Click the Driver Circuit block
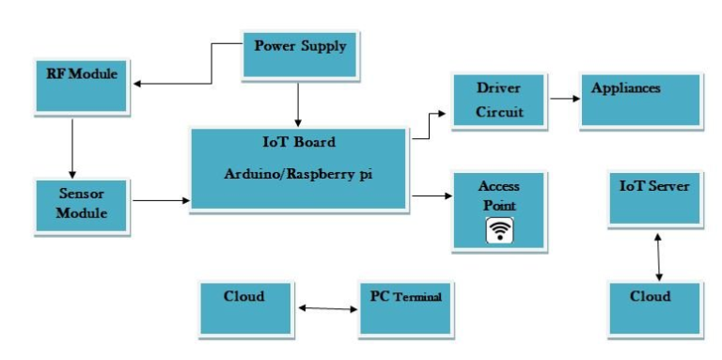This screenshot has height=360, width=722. [x=498, y=100]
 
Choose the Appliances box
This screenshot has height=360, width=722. [x=639, y=100]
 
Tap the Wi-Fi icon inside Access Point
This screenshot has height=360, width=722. [x=498, y=230]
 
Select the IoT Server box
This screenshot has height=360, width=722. [x=654, y=197]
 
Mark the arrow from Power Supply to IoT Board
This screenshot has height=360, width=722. [x=298, y=103]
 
